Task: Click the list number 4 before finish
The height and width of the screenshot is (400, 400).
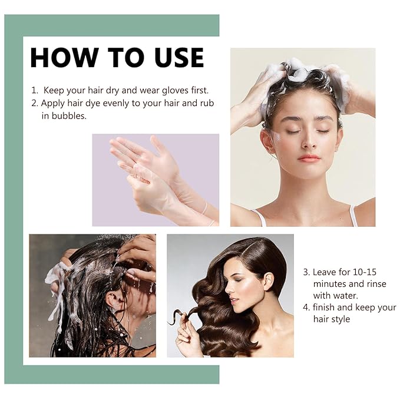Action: (x=306, y=307)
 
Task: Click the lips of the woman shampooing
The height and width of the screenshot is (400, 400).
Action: (x=309, y=158)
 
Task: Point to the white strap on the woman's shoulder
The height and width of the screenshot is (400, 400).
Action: (x=352, y=216)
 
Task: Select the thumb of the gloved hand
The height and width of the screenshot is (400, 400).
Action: (x=158, y=145)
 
